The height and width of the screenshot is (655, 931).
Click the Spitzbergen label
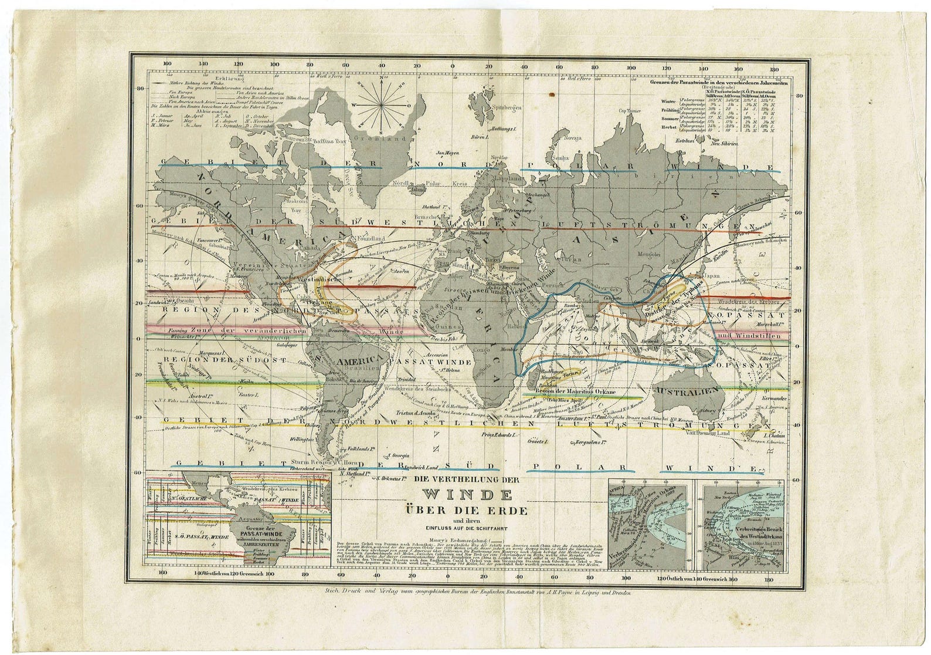pos(506,110)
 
